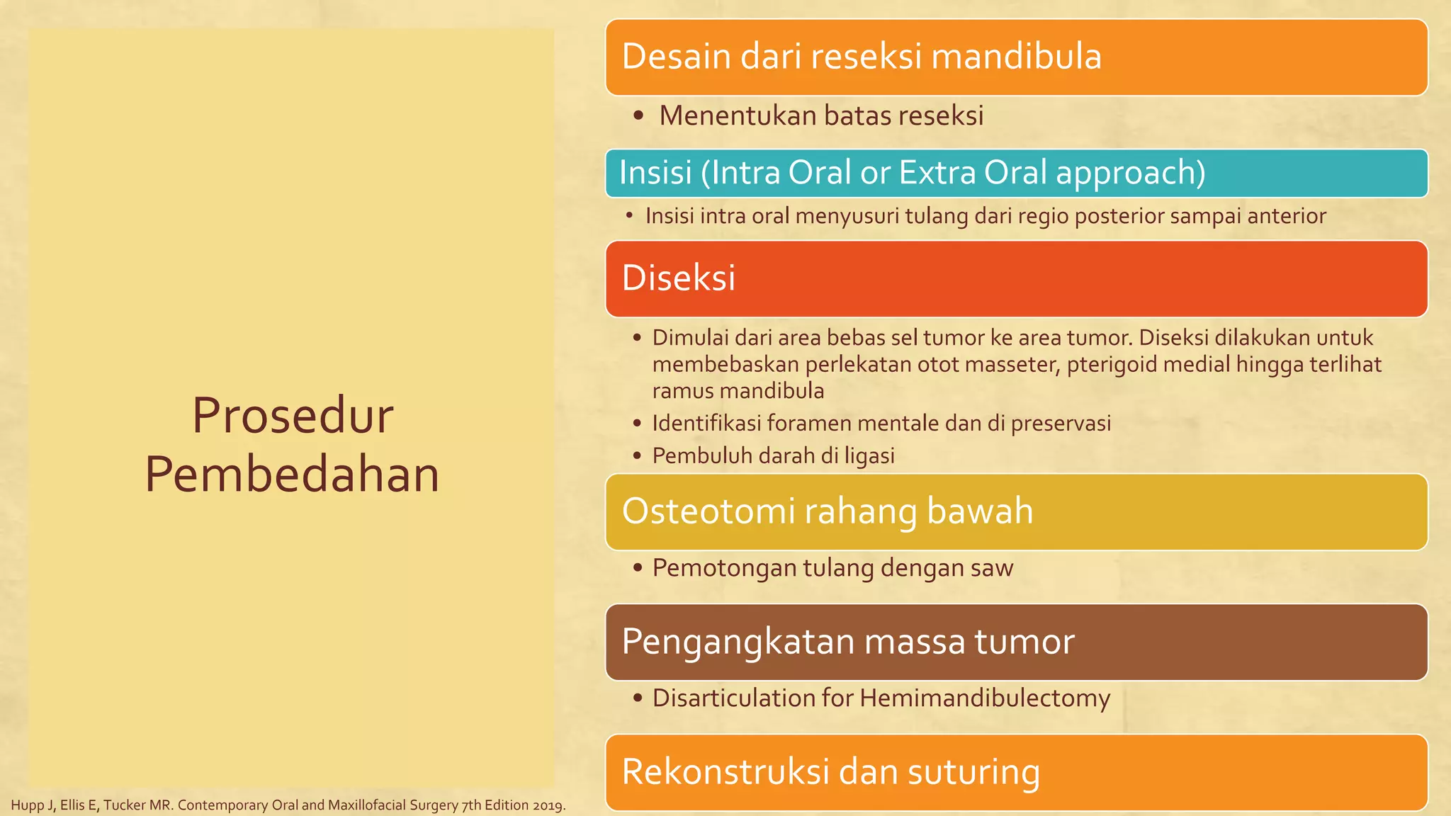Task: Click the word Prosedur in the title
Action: [292, 416]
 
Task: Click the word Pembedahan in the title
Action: [292, 475]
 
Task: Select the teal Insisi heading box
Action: [1016, 173]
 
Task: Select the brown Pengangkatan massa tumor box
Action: [1016, 642]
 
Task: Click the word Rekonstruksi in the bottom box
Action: [725, 772]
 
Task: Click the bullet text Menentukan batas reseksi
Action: [820, 115]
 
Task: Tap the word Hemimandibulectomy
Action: [985, 698]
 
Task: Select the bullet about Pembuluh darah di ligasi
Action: [772, 455]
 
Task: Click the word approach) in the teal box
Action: [1131, 173]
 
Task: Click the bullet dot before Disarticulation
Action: [638, 698]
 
